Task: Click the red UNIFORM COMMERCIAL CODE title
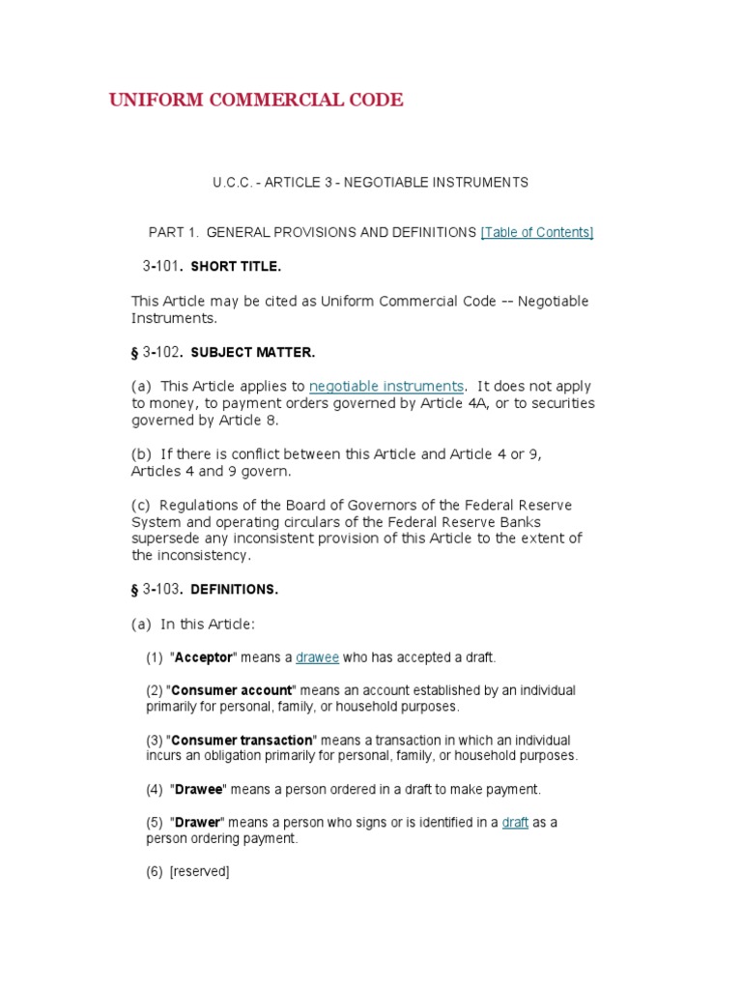pos(256,101)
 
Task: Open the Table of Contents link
pos(537,232)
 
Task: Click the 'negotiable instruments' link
pos(386,386)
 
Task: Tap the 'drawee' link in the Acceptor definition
pos(317,657)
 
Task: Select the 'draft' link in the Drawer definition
pos(515,823)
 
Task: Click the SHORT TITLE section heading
pos(236,266)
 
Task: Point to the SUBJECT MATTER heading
pos(252,352)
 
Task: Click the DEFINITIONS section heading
pos(234,589)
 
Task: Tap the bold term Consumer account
pos(231,690)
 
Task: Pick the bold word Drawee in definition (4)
pos(198,789)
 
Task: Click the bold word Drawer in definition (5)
pos(198,823)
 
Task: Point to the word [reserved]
pos(199,872)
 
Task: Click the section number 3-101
pos(160,265)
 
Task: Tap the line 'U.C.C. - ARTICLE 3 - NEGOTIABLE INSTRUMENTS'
pos(370,182)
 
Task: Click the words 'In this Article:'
pos(207,625)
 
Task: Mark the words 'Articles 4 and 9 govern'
pos(211,471)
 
